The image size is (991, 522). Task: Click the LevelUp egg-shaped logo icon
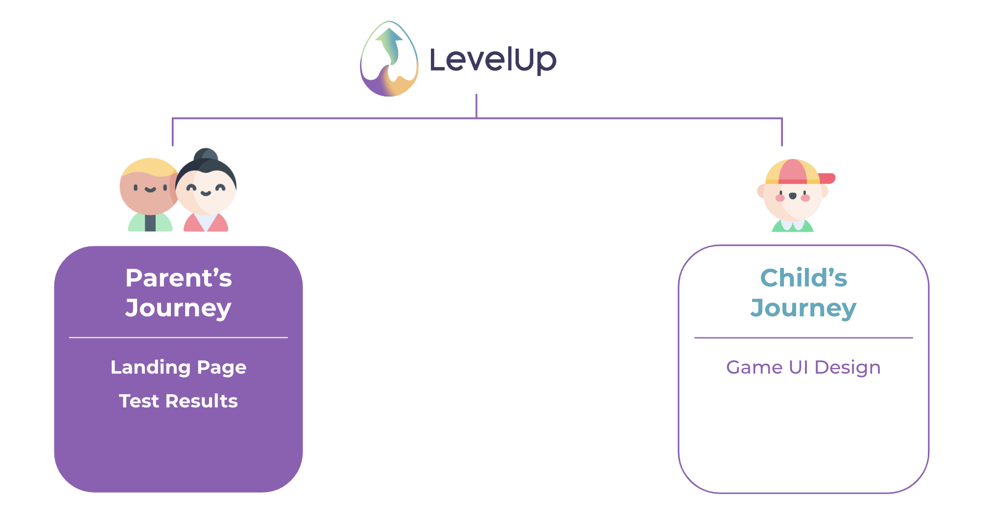(x=389, y=59)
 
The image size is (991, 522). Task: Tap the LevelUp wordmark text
(x=493, y=60)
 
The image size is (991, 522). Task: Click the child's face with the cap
(x=793, y=196)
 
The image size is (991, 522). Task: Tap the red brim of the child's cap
(x=826, y=178)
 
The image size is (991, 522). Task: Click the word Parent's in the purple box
(x=178, y=278)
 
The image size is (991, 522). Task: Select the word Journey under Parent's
(x=178, y=308)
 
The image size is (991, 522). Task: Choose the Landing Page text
(x=178, y=367)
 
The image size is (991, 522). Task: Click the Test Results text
(x=178, y=401)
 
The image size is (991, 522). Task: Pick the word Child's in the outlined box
(x=803, y=278)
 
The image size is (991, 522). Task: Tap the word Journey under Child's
(x=803, y=308)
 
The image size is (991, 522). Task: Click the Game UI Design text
(x=803, y=367)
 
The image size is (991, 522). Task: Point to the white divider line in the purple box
(x=178, y=337)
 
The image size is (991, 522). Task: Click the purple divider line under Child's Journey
(x=803, y=338)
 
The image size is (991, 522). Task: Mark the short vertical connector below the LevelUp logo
(x=476, y=106)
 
